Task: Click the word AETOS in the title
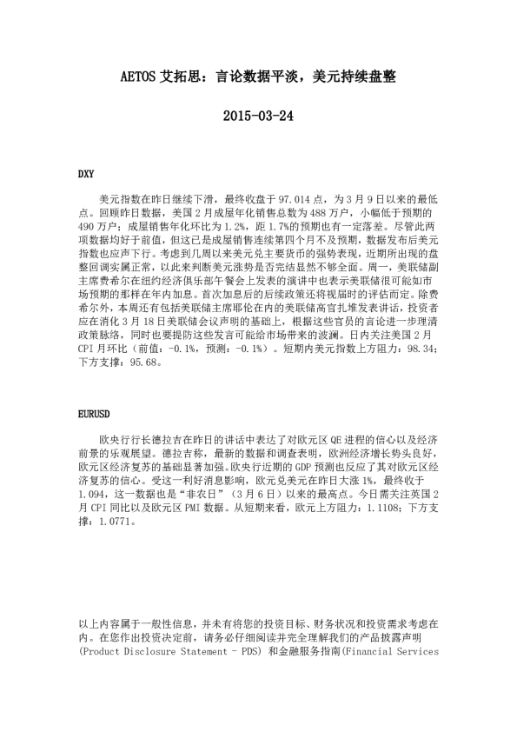[137, 77]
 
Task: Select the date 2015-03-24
[258, 115]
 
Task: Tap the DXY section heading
[86, 174]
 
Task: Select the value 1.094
[92, 516]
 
